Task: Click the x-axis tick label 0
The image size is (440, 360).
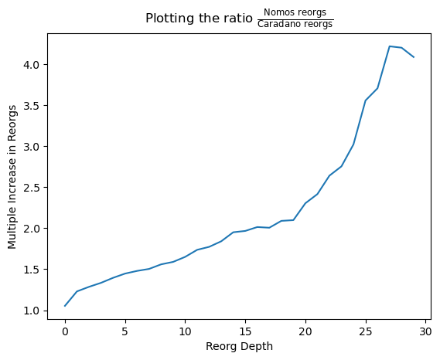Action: click(65, 331)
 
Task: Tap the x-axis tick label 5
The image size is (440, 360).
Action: click(125, 331)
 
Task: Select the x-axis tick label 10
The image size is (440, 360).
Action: click(186, 331)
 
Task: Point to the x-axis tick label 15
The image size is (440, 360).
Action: click(245, 331)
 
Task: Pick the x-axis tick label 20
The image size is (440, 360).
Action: click(305, 331)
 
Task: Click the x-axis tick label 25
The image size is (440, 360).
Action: click(365, 331)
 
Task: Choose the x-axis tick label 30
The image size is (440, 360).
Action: click(425, 331)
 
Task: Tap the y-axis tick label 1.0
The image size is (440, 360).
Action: click(32, 311)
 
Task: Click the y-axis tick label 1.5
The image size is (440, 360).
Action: click(32, 270)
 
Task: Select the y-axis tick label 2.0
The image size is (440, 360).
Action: click(32, 229)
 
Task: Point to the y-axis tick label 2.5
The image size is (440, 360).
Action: click(32, 188)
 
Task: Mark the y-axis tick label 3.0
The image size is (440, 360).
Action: click(32, 147)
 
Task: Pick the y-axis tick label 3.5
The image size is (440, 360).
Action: click(32, 106)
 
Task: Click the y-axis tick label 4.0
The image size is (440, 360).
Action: click(32, 65)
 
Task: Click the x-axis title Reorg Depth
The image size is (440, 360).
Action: click(240, 347)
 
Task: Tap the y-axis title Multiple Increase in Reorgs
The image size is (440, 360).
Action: click(12, 177)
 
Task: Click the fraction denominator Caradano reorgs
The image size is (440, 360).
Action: click(295, 24)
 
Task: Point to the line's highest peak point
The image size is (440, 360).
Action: click(390, 46)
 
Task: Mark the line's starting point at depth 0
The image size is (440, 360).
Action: click(65, 306)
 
